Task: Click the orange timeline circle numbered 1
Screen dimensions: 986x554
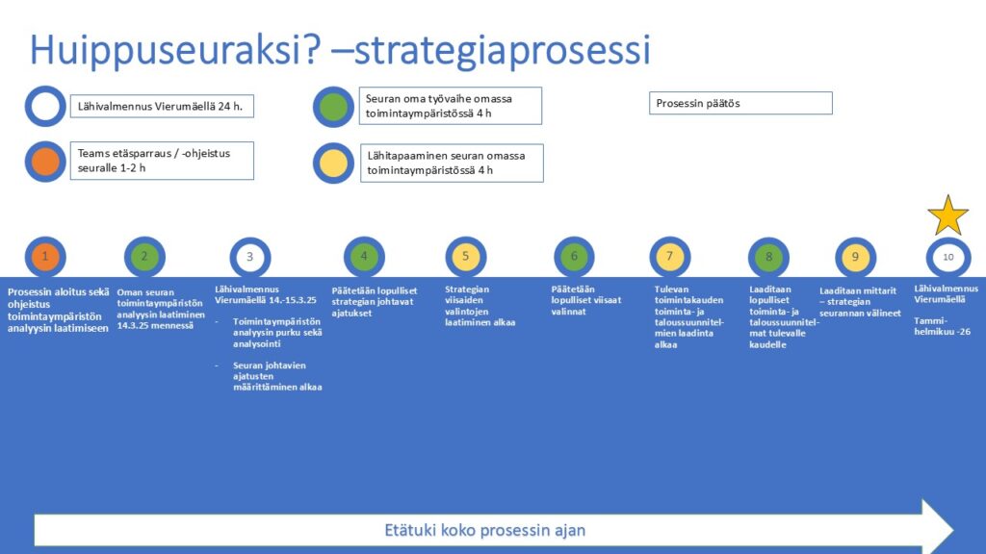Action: click(x=45, y=256)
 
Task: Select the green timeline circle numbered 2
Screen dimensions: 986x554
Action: click(x=144, y=256)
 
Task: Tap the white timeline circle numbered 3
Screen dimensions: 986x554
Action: click(x=250, y=257)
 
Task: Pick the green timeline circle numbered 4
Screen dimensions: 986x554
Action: click(x=364, y=256)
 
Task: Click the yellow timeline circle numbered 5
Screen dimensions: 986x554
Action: click(x=466, y=256)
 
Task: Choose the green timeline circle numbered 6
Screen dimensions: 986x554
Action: click(x=574, y=256)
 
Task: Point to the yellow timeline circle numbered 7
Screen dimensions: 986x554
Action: click(x=670, y=256)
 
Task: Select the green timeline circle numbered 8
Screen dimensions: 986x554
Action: click(x=768, y=257)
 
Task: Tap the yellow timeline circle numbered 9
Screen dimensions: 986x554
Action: click(x=855, y=257)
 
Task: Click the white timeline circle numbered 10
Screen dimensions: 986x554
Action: click(x=948, y=257)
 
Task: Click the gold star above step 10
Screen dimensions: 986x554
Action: click(x=948, y=216)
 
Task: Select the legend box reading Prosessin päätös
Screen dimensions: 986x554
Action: click(x=740, y=103)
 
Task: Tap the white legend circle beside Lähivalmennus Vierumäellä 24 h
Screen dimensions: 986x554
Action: click(x=45, y=106)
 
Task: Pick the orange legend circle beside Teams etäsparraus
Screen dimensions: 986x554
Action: click(x=45, y=162)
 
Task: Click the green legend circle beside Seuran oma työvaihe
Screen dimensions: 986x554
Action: click(x=333, y=107)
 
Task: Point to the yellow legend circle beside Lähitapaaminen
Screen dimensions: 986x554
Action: click(x=333, y=164)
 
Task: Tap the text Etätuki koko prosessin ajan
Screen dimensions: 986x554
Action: click(x=485, y=530)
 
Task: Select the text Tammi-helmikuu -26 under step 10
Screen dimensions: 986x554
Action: click(x=942, y=326)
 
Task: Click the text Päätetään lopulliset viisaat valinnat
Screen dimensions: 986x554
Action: click(x=586, y=300)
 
